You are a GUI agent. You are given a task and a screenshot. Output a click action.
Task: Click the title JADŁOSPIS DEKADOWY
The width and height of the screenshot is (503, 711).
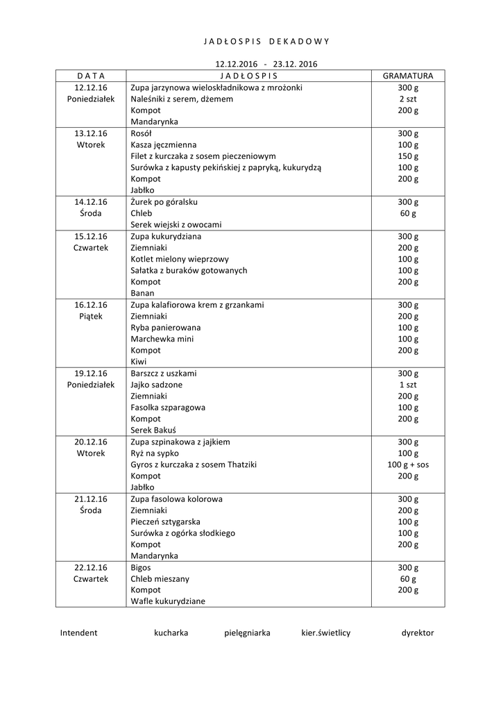click(266, 41)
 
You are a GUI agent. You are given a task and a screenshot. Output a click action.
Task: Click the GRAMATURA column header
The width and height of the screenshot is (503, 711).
click(408, 76)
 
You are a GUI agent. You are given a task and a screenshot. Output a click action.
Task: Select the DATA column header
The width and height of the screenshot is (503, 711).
click(90, 76)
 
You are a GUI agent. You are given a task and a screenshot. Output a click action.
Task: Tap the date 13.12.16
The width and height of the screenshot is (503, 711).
click(91, 133)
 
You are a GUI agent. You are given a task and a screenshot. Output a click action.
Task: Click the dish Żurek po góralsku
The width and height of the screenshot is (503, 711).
click(164, 202)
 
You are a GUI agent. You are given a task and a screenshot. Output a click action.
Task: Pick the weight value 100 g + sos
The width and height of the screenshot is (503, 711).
click(408, 465)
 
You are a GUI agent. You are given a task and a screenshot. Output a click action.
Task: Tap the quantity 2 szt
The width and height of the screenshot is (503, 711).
click(408, 99)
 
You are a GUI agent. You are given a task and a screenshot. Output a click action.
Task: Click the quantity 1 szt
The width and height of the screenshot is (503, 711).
click(408, 385)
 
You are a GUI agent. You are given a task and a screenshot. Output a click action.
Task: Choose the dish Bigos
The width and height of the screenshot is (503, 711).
click(141, 567)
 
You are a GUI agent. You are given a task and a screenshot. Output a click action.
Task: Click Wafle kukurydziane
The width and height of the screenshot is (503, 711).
click(168, 601)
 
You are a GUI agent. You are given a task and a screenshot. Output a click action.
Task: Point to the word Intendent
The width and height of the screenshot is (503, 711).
click(78, 633)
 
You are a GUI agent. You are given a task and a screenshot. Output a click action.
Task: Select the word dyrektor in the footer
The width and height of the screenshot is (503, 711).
click(418, 633)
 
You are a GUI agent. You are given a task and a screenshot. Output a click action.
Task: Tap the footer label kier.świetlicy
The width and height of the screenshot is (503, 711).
click(326, 633)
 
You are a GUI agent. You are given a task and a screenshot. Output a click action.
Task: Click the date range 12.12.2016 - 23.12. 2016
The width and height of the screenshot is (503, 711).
click(266, 64)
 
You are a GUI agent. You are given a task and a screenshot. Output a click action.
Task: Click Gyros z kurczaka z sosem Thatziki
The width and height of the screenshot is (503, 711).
click(194, 465)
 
